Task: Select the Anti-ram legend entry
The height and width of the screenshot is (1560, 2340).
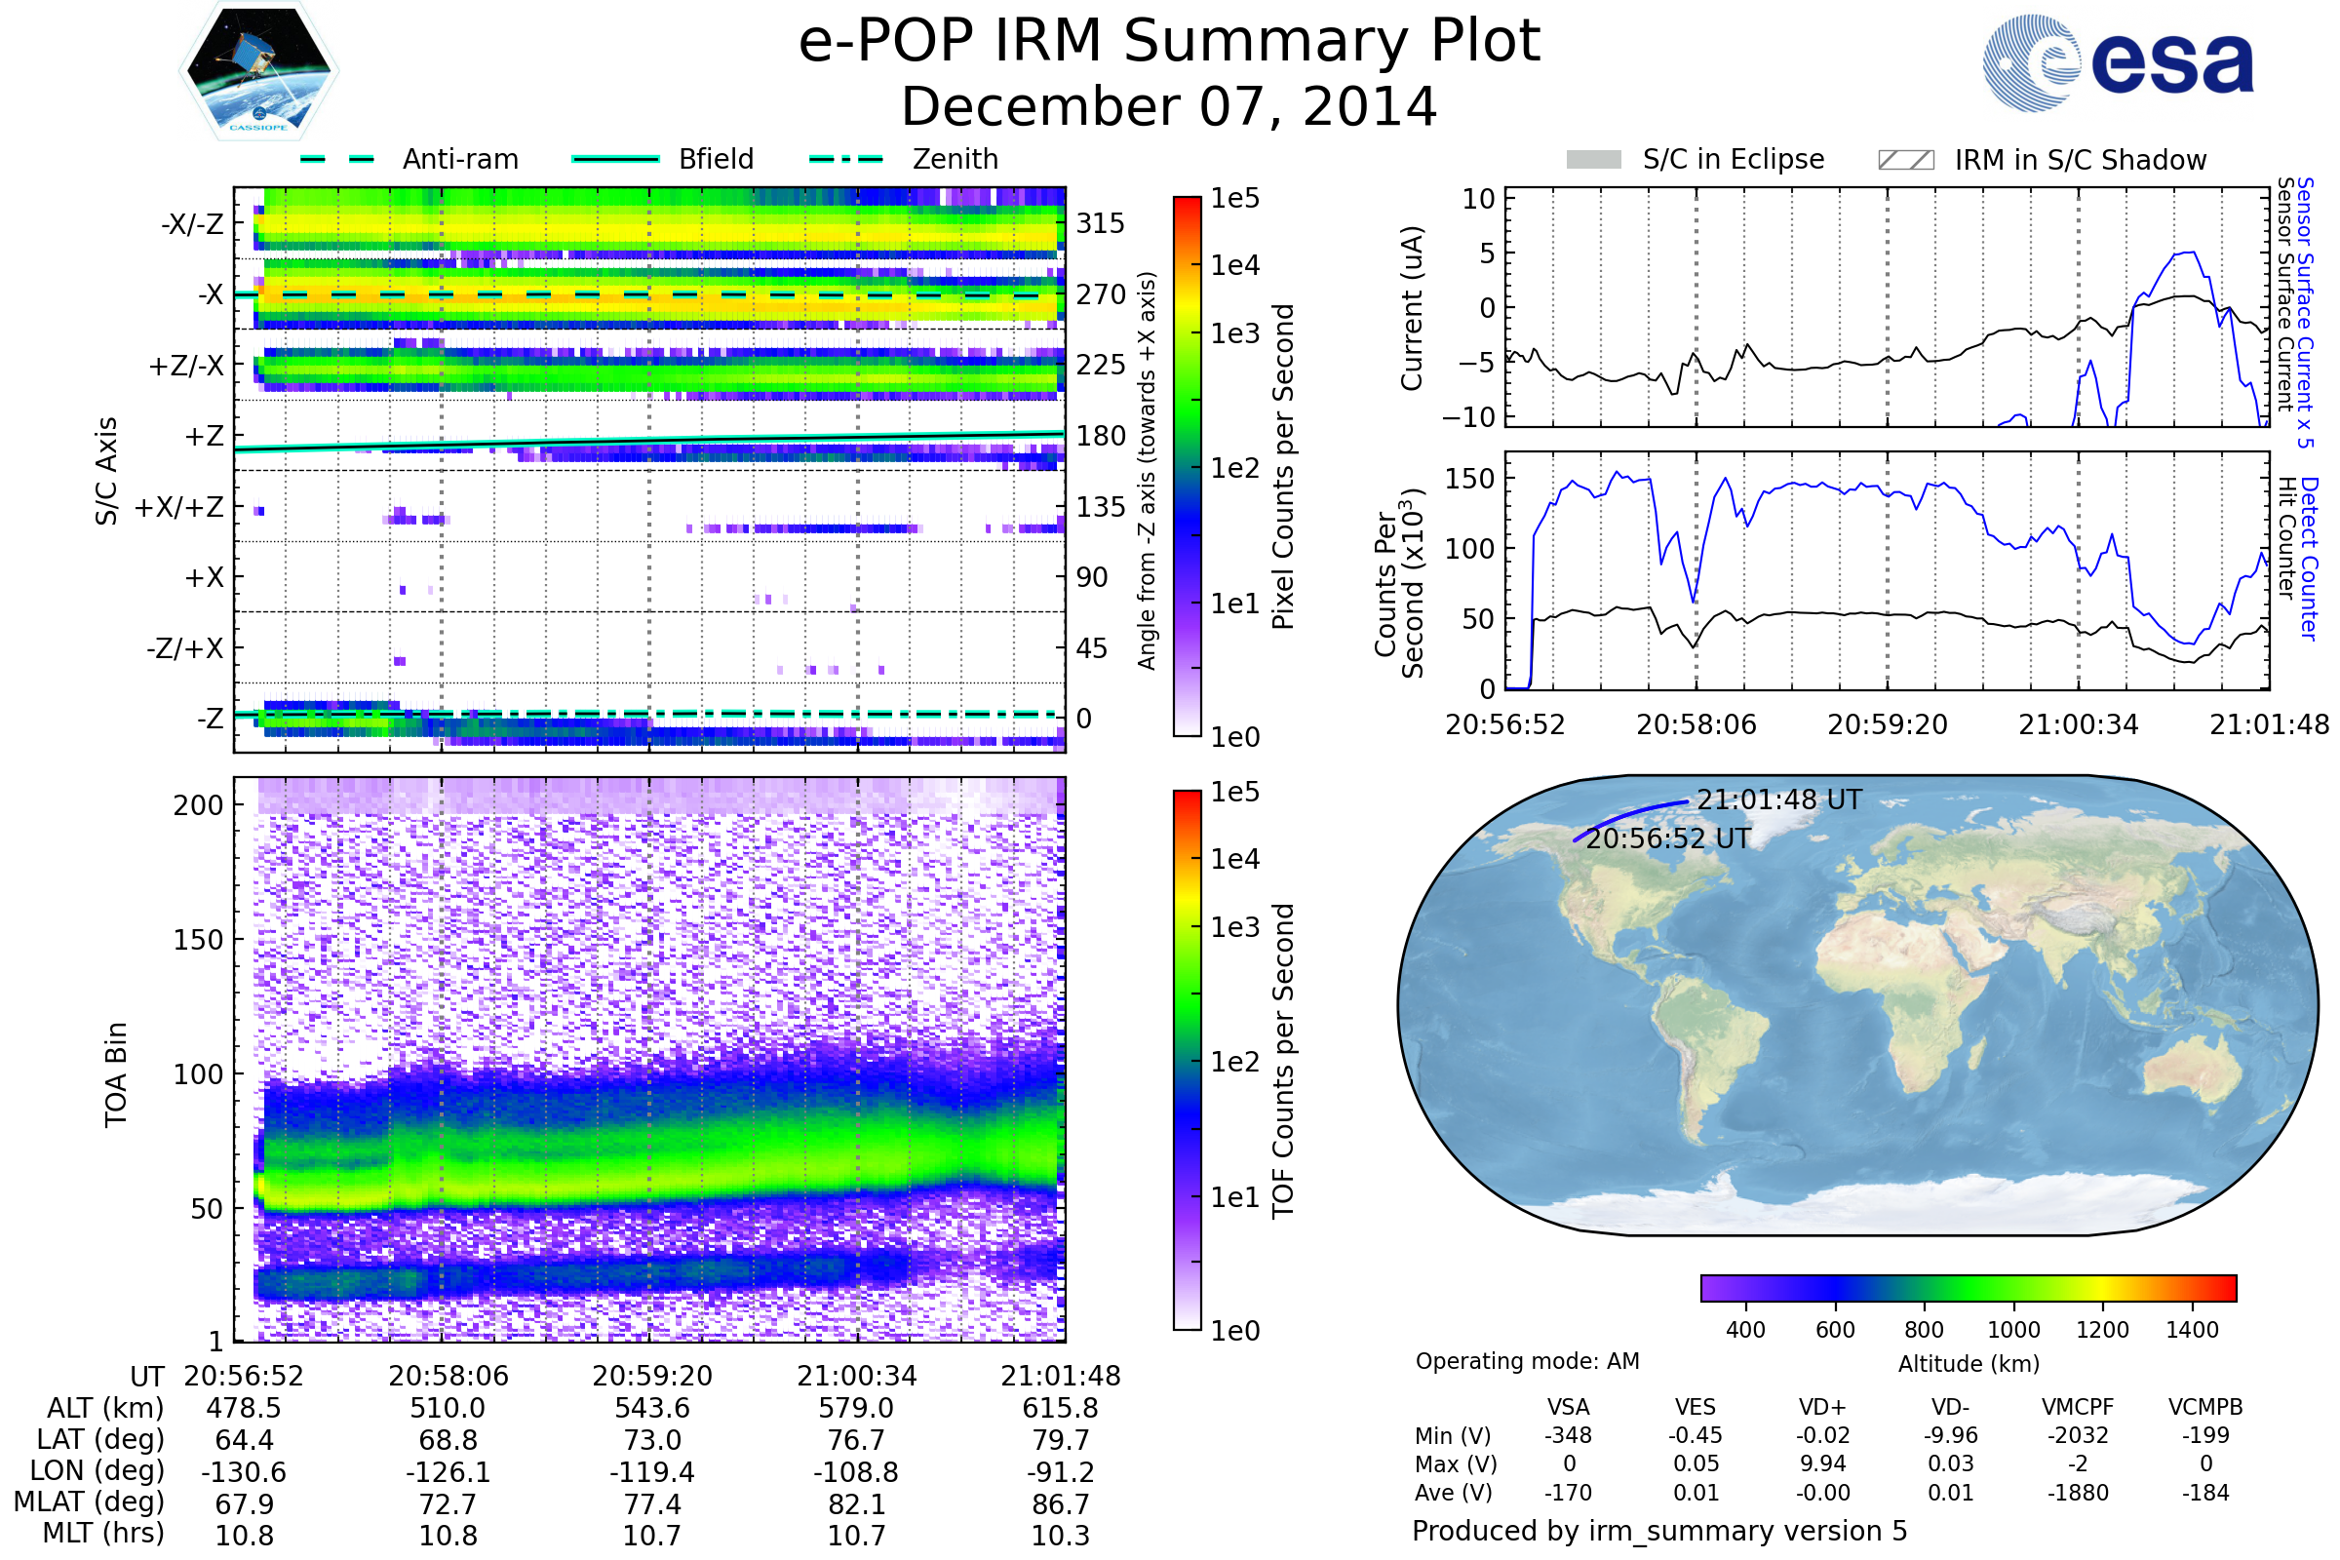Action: click(459, 159)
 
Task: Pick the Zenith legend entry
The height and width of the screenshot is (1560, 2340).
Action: click(955, 159)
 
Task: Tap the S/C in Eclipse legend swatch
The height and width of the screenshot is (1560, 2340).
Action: click(1594, 160)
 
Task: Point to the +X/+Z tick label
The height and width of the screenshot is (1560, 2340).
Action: click(179, 507)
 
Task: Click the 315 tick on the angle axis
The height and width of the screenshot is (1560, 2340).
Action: click(1101, 223)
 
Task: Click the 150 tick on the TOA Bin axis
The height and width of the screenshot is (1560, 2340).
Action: click(198, 940)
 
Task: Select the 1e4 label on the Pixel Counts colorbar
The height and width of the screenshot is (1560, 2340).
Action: click(1234, 265)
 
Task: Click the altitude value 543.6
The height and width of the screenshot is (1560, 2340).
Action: click(651, 1409)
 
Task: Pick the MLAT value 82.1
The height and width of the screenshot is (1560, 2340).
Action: click(856, 1504)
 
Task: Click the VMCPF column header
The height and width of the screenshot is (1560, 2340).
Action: click(2078, 1408)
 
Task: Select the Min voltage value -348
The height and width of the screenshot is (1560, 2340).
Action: click(1568, 1435)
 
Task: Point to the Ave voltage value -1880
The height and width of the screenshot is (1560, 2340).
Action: click(2078, 1494)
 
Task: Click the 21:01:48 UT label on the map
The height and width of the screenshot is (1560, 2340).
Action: click(1778, 799)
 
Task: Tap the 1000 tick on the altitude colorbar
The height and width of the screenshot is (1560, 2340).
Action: click(2013, 1330)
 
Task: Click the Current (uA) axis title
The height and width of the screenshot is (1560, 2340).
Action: click(1412, 308)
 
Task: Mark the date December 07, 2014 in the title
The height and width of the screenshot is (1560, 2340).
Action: click(1169, 106)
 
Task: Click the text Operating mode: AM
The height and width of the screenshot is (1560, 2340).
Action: click(1527, 1361)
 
